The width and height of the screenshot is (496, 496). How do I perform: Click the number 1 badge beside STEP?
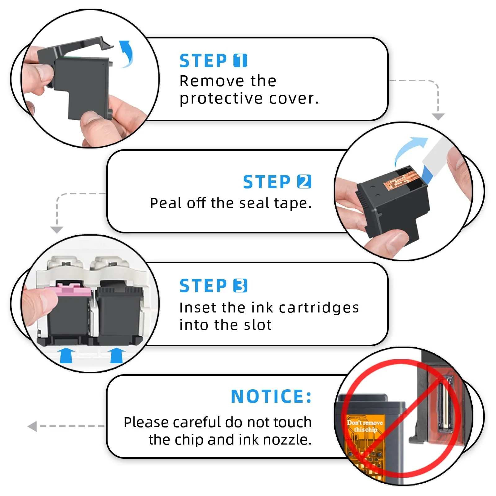240,60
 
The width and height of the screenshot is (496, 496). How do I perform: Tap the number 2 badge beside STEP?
304,182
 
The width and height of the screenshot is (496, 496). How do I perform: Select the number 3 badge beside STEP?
240,286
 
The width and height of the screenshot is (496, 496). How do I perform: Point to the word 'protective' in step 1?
221,99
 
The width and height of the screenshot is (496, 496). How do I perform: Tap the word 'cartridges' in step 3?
319,308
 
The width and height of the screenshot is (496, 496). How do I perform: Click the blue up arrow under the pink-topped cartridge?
66,355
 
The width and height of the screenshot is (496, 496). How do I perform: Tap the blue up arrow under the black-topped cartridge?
117,355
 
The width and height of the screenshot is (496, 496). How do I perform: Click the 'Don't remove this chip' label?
365,426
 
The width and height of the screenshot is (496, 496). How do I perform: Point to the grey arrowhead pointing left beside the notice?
32,426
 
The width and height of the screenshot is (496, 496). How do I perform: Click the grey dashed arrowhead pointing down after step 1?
438,117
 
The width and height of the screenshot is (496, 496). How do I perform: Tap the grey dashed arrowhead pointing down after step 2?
57,230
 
